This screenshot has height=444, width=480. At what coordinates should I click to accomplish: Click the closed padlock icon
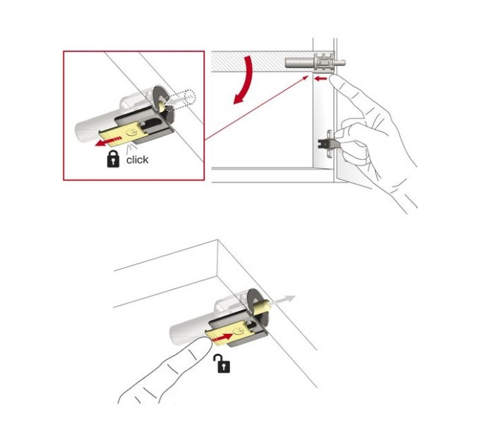coord(113,159)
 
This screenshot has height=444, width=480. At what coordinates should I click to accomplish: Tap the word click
coord(137,160)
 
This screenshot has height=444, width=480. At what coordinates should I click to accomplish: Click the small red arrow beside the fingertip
coord(320,79)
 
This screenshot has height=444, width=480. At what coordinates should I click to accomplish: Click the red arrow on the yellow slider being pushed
coord(222,338)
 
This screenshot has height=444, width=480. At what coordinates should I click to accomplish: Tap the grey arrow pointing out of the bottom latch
coord(282,300)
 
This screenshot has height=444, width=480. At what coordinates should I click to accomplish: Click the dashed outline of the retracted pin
coord(188,98)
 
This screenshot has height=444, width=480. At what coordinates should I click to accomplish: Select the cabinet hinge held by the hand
coord(327,143)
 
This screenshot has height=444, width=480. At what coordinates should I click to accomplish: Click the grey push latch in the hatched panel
coord(316,62)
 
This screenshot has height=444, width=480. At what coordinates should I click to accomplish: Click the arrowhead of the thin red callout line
coord(306,77)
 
